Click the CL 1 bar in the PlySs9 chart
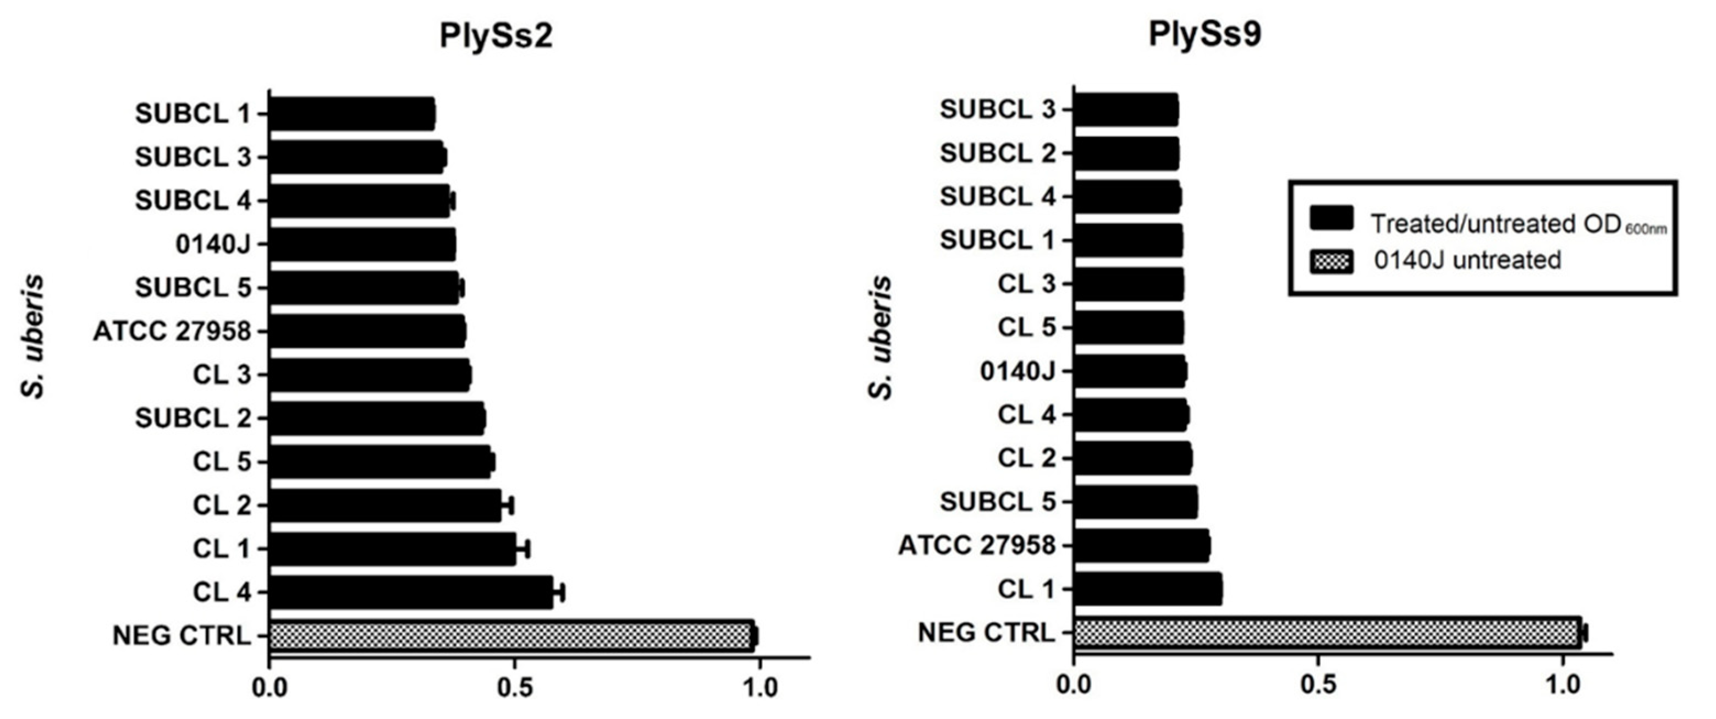pyautogui.click(x=1148, y=589)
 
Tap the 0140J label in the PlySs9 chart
pyautogui.click(x=1018, y=371)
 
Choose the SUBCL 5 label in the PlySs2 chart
pyautogui.click(x=193, y=288)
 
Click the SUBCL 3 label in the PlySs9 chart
pyautogui.click(x=998, y=110)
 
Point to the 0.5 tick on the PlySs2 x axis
pyautogui.click(x=514, y=687)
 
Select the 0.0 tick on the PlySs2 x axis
pyautogui.click(x=270, y=687)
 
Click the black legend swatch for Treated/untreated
pyautogui.click(x=1331, y=218)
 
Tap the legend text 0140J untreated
pyautogui.click(x=1467, y=260)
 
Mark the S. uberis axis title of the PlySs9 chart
pyautogui.click(x=881, y=338)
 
